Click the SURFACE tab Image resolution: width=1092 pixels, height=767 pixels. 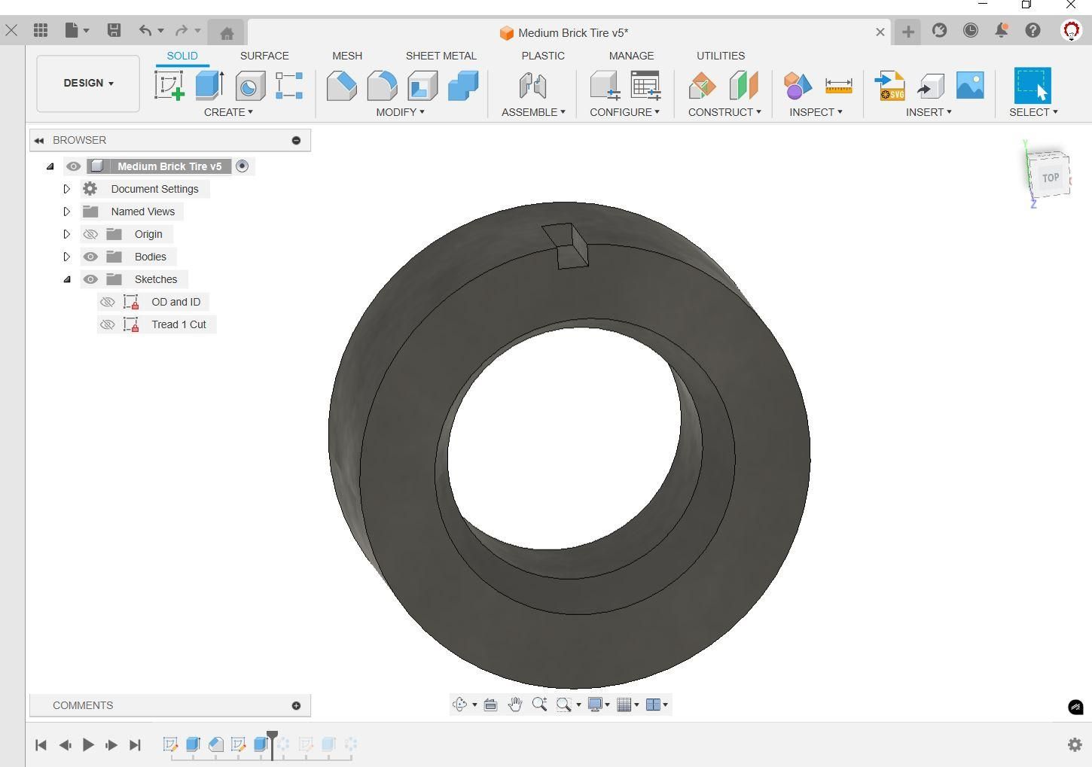[264, 56]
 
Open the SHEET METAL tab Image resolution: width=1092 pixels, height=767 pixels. [441, 56]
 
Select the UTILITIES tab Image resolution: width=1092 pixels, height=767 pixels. [721, 56]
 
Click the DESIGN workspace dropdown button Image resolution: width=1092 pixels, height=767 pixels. [88, 84]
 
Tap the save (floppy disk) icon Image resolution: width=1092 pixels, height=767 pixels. [114, 30]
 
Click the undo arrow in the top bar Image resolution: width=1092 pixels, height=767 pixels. [145, 30]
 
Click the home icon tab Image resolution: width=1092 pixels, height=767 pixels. [227, 33]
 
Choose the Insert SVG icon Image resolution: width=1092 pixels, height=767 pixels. [890, 86]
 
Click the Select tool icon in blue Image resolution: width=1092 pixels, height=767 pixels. [1033, 85]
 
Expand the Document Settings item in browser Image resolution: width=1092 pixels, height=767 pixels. [67, 189]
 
